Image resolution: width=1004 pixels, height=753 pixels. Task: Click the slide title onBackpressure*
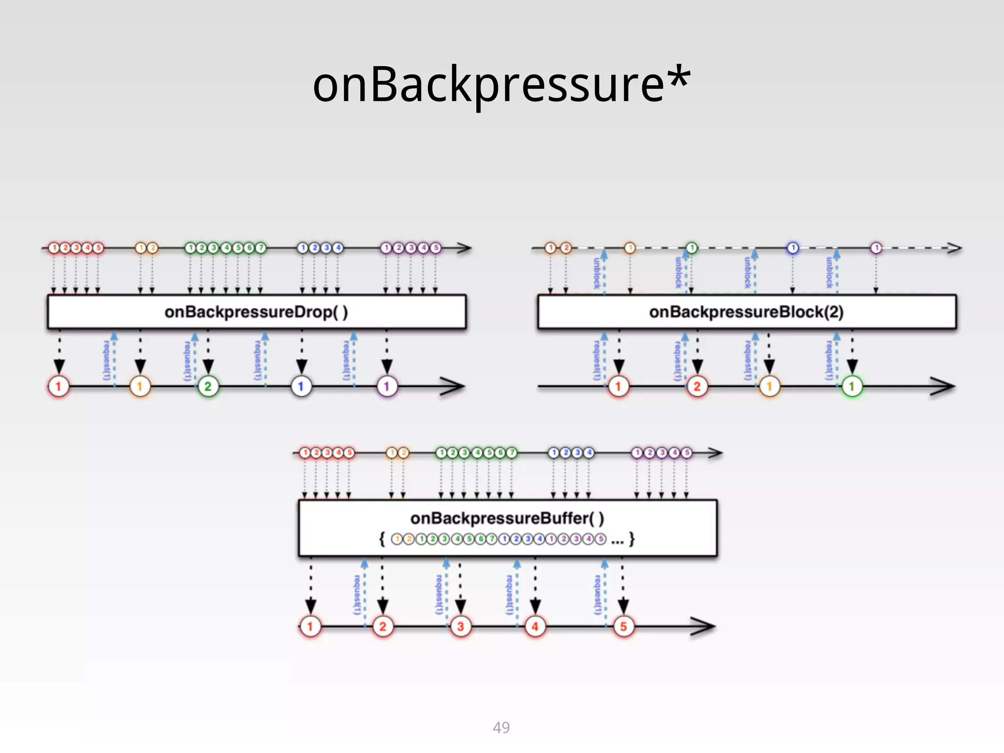pos(502,84)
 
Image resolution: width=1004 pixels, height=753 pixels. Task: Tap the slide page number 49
pos(501,727)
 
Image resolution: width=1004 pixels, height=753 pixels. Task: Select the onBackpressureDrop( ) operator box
pos(256,312)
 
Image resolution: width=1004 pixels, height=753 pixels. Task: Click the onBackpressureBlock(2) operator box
pos(746,312)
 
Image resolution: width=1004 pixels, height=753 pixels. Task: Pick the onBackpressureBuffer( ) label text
pos(507,518)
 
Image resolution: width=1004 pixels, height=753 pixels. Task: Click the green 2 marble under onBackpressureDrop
pos(208,386)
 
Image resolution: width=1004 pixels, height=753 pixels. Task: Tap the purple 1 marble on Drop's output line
pos(387,386)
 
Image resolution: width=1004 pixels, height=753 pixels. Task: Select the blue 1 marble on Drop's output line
pos(301,386)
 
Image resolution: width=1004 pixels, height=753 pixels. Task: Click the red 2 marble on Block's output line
pos(697,386)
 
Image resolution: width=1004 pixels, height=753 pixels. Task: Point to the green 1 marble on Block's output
pos(852,386)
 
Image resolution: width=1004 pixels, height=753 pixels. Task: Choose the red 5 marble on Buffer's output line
pos(623,626)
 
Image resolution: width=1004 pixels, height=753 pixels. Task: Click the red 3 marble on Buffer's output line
pos(460,626)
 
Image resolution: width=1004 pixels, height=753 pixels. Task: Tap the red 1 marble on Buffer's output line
pos(310,626)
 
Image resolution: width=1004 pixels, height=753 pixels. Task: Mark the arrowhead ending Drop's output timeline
pos(453,386)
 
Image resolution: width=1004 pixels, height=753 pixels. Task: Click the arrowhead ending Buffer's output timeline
pos(704,626)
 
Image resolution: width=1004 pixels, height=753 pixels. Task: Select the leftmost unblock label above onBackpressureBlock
pos(597,273)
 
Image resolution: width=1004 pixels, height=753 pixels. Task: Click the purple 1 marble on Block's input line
pos(876,248)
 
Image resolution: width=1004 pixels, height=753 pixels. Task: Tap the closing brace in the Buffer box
pos(632,539)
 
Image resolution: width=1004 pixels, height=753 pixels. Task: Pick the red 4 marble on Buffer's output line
pos(535,626)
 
